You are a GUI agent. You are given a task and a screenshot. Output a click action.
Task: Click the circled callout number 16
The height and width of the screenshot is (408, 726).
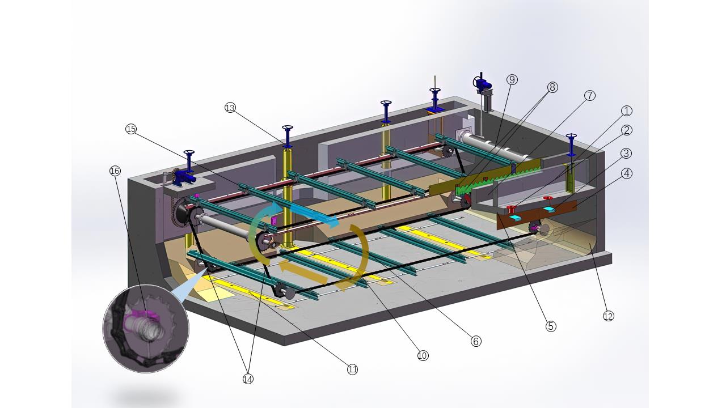[x=115, y=171]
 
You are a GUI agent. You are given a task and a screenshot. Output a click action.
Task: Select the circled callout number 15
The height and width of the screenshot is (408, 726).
[x=131, y=129]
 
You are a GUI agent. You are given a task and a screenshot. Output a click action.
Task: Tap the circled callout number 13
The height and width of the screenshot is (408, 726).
[x=230, y=108]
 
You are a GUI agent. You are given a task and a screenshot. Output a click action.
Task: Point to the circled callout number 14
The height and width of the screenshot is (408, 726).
[x=248, y=379]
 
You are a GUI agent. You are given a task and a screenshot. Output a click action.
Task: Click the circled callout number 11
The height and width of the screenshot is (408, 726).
[x=352, y=369]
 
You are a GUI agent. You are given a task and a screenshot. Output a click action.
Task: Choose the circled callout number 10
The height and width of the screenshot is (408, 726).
[x=423, y=355]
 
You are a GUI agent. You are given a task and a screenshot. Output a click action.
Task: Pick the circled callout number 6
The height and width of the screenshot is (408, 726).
[x=476, y=341]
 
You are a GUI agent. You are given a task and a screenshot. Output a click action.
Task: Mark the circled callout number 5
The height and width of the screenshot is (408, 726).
[x=551, y=326]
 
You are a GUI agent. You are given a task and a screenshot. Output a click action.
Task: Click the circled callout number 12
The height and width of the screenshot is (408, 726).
[x=609, y=316]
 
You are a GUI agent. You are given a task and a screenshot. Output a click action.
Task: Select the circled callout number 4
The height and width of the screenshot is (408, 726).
[x=627, y=173]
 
